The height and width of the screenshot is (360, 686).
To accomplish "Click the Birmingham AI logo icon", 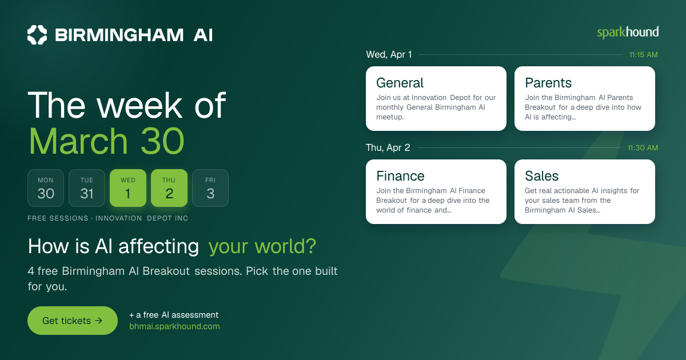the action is (x=37, y=35).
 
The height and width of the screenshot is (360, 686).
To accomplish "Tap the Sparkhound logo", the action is (x=628, y=33).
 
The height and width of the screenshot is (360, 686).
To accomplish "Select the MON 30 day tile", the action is (x=46, y=188).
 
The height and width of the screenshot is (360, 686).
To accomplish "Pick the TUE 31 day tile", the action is (x=87, y=188).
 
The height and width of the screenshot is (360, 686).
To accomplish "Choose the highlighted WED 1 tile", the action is (x=128, y=188).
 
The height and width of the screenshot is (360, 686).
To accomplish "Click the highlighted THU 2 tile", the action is (x=169, y=188).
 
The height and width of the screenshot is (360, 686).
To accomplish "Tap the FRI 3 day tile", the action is (x=210, y=188).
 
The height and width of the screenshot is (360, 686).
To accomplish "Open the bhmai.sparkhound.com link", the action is (x=174, y=326).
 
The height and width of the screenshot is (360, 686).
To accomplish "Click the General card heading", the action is (x=400, y=83).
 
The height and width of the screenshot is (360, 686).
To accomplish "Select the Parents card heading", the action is (x=548, y=83).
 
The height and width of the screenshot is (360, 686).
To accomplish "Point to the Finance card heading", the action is (x=400, y=176).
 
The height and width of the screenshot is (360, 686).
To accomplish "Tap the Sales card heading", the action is (x=542, y=176).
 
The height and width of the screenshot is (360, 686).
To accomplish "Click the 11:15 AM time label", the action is (x=644, y=55).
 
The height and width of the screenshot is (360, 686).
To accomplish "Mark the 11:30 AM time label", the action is (x=643, y=148).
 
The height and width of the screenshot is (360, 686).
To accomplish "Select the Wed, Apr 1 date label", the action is (x=389, y=55).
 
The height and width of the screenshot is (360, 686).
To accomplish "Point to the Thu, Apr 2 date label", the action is (x=388, y=148).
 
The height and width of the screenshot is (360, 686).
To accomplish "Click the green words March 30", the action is (x=106, y=141).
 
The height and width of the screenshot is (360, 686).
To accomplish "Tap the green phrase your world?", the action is (x=262, y=246).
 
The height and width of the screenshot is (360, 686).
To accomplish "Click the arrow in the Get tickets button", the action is (x=98, y=321).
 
